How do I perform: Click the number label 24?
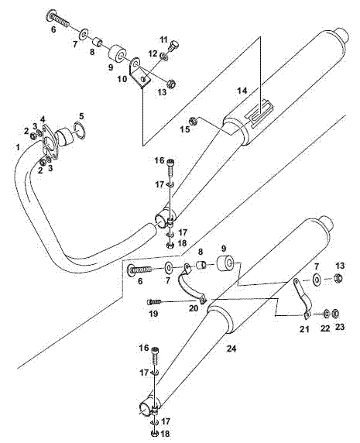(x=231, y=349)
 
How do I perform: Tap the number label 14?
(x=242, y=91)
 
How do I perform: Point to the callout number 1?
(x=18, y=147)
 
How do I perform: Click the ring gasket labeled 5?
(x=79, y=129)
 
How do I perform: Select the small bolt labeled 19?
(x=153, y=302)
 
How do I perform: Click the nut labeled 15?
(x=193, y=121)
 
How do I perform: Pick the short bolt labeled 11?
(x=175, y=46)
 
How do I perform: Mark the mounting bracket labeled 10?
(x=140, y=74)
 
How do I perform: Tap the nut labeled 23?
(x=336, y=313)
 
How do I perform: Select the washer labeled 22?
(x=326, y=313)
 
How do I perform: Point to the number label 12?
(x=153, y=53)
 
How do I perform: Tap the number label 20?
(x=194, y=308)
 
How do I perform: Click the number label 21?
(x=304, y=328)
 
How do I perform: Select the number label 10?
(x=122, y=79)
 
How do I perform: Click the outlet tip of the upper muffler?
(x=343, y=36)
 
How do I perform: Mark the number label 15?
(x=185, y=129)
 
